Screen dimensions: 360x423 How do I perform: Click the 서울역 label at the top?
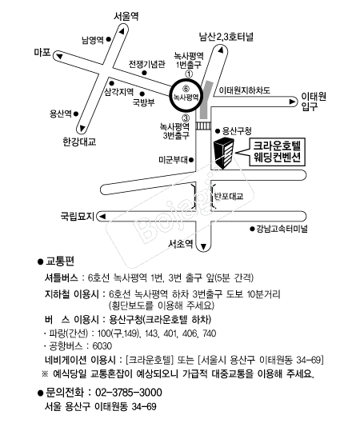(126, 17)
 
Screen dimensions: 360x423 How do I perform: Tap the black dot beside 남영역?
(109, 39)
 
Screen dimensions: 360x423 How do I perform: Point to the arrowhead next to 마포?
(59, 56)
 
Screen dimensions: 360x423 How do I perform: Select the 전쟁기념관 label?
(146, 64)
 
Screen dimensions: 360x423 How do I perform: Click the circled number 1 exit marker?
(189, 74)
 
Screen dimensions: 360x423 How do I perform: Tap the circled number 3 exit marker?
(186, 118)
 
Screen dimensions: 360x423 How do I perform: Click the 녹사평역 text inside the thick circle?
(186, 97)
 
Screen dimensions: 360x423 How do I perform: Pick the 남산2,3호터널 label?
(226, 37)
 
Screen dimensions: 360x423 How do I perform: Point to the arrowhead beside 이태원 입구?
(292, 102)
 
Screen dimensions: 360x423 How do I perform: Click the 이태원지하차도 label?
(244, 90)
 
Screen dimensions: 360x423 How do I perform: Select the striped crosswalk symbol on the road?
(203, 126)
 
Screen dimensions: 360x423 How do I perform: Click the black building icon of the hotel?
(224, 153)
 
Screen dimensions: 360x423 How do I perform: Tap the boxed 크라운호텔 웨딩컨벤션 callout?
(277, 152)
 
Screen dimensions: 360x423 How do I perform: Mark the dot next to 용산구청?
(218, 131)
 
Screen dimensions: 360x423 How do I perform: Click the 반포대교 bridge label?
(229, 196)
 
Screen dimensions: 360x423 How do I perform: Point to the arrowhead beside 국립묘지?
(102, 217)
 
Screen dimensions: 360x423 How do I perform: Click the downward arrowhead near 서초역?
(203, 246)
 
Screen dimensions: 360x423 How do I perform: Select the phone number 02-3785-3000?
(129, 393)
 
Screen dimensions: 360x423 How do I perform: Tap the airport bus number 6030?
(102, 346)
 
